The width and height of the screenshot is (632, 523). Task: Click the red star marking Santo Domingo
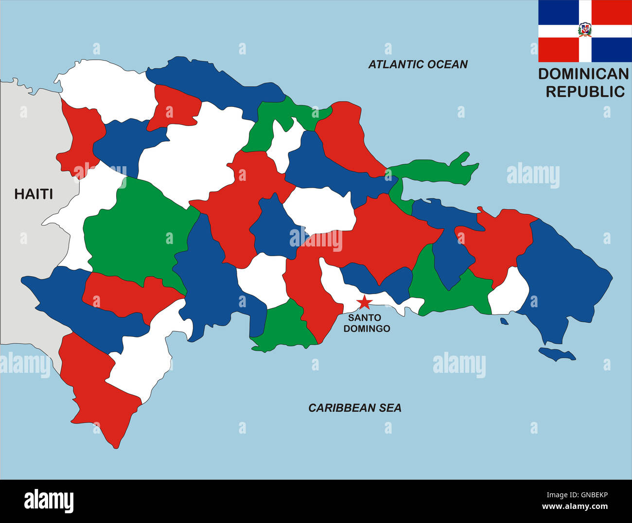(364, 302)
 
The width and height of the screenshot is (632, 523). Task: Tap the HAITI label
(34, 194)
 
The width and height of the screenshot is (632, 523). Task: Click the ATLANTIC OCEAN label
(418, 64)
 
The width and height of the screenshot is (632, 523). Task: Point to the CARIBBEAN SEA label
(355, 408)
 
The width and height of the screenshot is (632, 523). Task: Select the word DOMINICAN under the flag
(583, 74)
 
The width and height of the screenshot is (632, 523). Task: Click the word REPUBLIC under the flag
(585, 91)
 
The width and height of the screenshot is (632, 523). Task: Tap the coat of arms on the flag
(585, 30)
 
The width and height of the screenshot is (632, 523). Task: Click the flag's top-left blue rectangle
(558, 12)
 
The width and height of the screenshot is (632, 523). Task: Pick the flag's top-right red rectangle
(612, 12)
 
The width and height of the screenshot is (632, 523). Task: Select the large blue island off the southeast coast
(557, 354)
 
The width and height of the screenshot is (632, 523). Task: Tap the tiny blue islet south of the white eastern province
(504, 321)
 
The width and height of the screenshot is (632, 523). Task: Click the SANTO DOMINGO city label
(367, 323)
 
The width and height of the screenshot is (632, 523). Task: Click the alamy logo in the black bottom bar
(49, 501)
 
